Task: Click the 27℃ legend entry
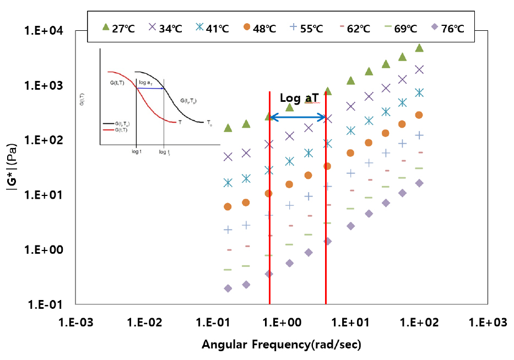point(119,28)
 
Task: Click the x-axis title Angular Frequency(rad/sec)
point(281,345)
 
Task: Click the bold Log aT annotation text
point(299,98)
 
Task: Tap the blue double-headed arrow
point(297,117)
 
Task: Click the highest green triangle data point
point(419,48)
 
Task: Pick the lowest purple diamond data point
point(228,288)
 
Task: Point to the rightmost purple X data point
point(419,69)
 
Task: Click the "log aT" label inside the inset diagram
point(145,81)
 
